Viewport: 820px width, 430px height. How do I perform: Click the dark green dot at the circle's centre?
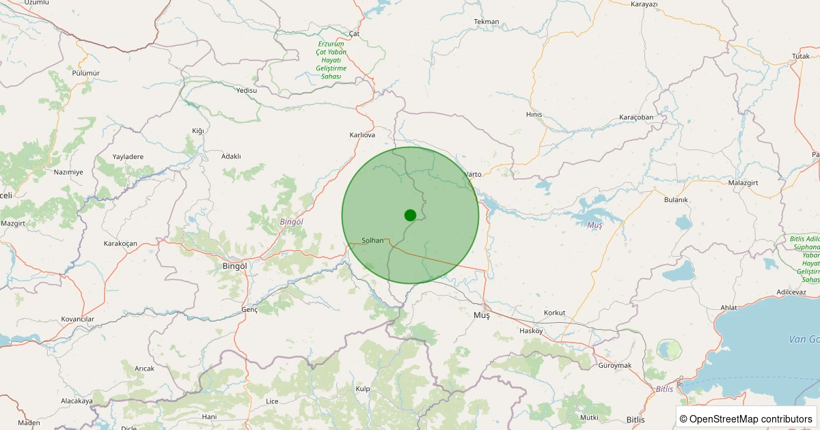[410, 215]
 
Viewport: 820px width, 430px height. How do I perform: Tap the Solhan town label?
[372, 240]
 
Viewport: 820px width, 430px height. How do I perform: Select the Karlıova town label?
[362, 135]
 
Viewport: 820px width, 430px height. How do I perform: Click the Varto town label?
[473, 174]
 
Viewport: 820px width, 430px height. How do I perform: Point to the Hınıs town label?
[534, 115]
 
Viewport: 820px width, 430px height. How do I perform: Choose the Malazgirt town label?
[743, 182]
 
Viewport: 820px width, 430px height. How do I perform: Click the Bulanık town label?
[676, 199]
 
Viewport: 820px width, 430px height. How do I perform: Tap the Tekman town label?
[487, 22]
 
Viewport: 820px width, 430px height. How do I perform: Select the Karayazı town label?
[644, 4]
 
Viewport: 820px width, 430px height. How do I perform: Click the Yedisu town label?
[246, 90]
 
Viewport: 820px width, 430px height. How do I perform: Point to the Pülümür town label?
[85, 73]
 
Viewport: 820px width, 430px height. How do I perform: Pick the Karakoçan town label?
[120, 244]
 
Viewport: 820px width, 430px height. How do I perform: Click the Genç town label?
[249, 310]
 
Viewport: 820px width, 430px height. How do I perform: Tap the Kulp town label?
[363, 388]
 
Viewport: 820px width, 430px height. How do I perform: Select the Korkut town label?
[554, 313]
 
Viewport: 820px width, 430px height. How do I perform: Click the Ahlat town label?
[728, 308]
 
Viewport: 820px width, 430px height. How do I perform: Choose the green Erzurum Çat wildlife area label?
[331, 60]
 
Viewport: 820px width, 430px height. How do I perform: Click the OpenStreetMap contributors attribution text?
[747, 418]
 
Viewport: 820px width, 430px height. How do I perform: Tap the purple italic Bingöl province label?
[292, 222]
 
